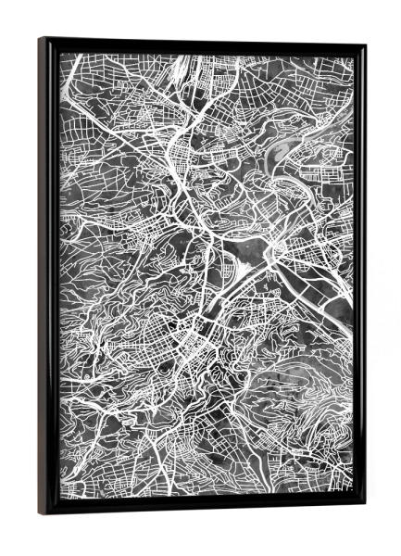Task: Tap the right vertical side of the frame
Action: (358, 278)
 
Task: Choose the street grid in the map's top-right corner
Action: (324, 79)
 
